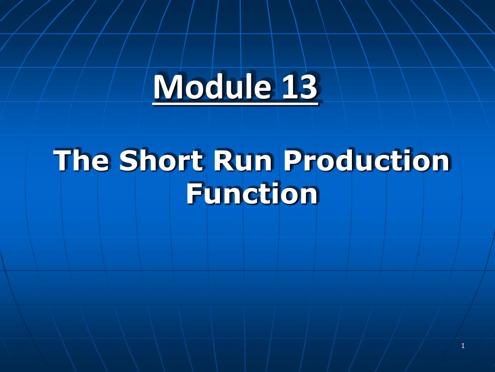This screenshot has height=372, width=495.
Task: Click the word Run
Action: tap(243, 160)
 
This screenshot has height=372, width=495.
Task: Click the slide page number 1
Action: tap(463, 346)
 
